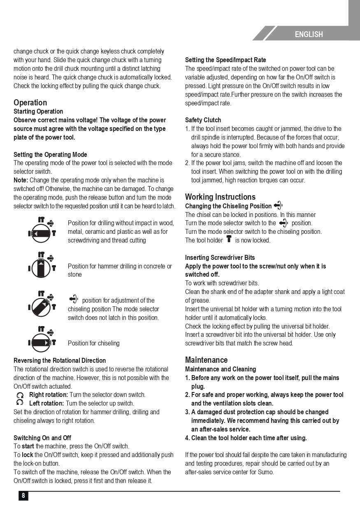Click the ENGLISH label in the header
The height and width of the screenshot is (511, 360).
(309, 35)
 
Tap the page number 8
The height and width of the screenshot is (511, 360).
(23, 496)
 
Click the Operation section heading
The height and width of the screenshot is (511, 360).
(30, 103)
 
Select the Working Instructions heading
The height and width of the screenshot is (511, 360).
(220, 197)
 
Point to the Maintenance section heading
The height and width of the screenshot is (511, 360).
(206, 360)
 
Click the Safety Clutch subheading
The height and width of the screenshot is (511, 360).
(203, 120)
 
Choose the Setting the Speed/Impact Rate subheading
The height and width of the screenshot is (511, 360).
(225, 60)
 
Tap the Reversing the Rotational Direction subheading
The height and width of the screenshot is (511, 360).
(60, 361)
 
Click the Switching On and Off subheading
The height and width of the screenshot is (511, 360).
(42, 438)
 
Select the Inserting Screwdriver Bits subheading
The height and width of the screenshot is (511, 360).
(220, 258)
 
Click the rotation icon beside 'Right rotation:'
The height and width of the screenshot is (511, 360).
(20, 395)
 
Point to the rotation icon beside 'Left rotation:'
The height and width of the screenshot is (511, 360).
(20, 404)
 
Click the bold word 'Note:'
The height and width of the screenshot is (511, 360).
(21, 180)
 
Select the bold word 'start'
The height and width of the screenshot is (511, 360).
(28, 446)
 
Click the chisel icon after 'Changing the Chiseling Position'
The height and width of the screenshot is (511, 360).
(278, 205)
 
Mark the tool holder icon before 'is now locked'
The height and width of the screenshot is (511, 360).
(229, 239)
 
